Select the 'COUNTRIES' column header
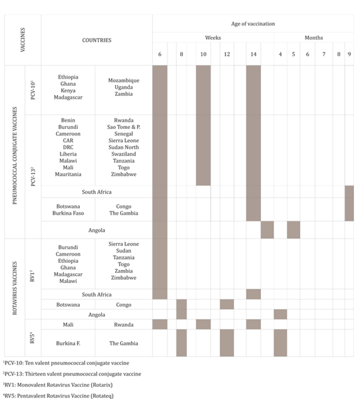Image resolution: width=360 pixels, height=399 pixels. (x=97, y=40)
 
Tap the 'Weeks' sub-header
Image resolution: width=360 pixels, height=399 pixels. (x=213, y=38)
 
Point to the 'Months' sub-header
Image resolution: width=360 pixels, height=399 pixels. (x=313, y=38)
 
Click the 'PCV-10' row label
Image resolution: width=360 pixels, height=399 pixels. (x=33, y=89)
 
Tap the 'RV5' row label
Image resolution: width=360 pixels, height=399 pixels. (x=33, y=343)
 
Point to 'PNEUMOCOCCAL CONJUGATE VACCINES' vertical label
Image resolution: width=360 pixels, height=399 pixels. (x=13, y=152)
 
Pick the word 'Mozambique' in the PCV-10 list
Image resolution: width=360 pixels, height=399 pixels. (x=124, y=80)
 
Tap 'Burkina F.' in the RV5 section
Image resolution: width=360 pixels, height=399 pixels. (x=68, y=343)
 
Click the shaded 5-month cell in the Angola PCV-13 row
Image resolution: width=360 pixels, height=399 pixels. (x=293, y=230)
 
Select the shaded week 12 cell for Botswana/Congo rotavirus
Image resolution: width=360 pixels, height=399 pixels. (x=227, y=304)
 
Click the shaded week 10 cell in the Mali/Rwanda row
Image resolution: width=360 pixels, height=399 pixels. (x=203, y=324)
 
